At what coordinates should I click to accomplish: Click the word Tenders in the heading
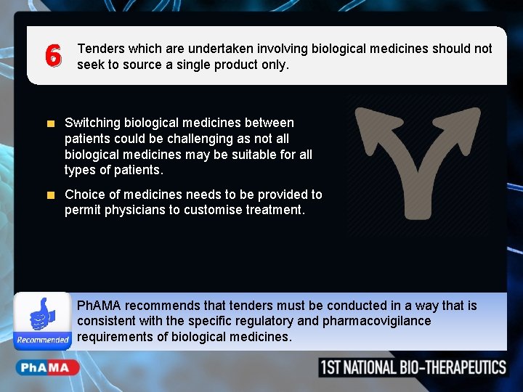pyautogui.click(x=100, y=49)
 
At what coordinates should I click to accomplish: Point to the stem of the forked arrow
pyautogui.click(x=418, y=196)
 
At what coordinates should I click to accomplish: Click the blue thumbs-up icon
pyautogui.click(x=41, y=314)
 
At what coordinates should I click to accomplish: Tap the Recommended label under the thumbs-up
pyautogui.click(x=43, y=340)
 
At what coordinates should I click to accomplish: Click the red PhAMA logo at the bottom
pyautogui.click(x=45, y=367)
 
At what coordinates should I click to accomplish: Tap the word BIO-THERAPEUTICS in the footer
pyautogui.click(x=453, y=367)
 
